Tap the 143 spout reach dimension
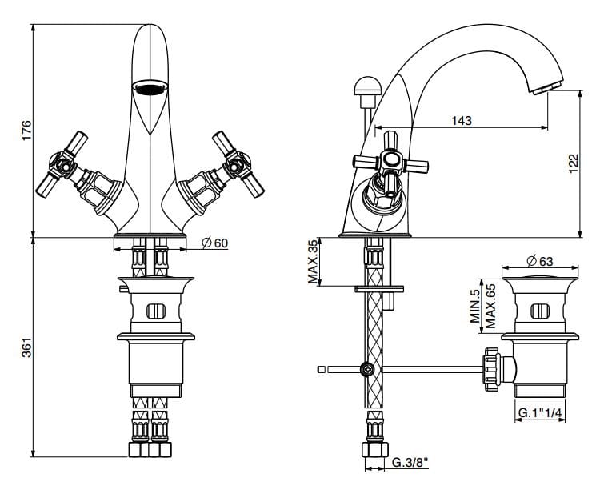click(x=462, y=121)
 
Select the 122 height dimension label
click(x=573, y=163)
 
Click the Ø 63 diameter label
click(x=541, y=260)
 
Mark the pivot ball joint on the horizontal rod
click(x=368, y=369)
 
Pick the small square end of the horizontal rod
click(x=322, y=369)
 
